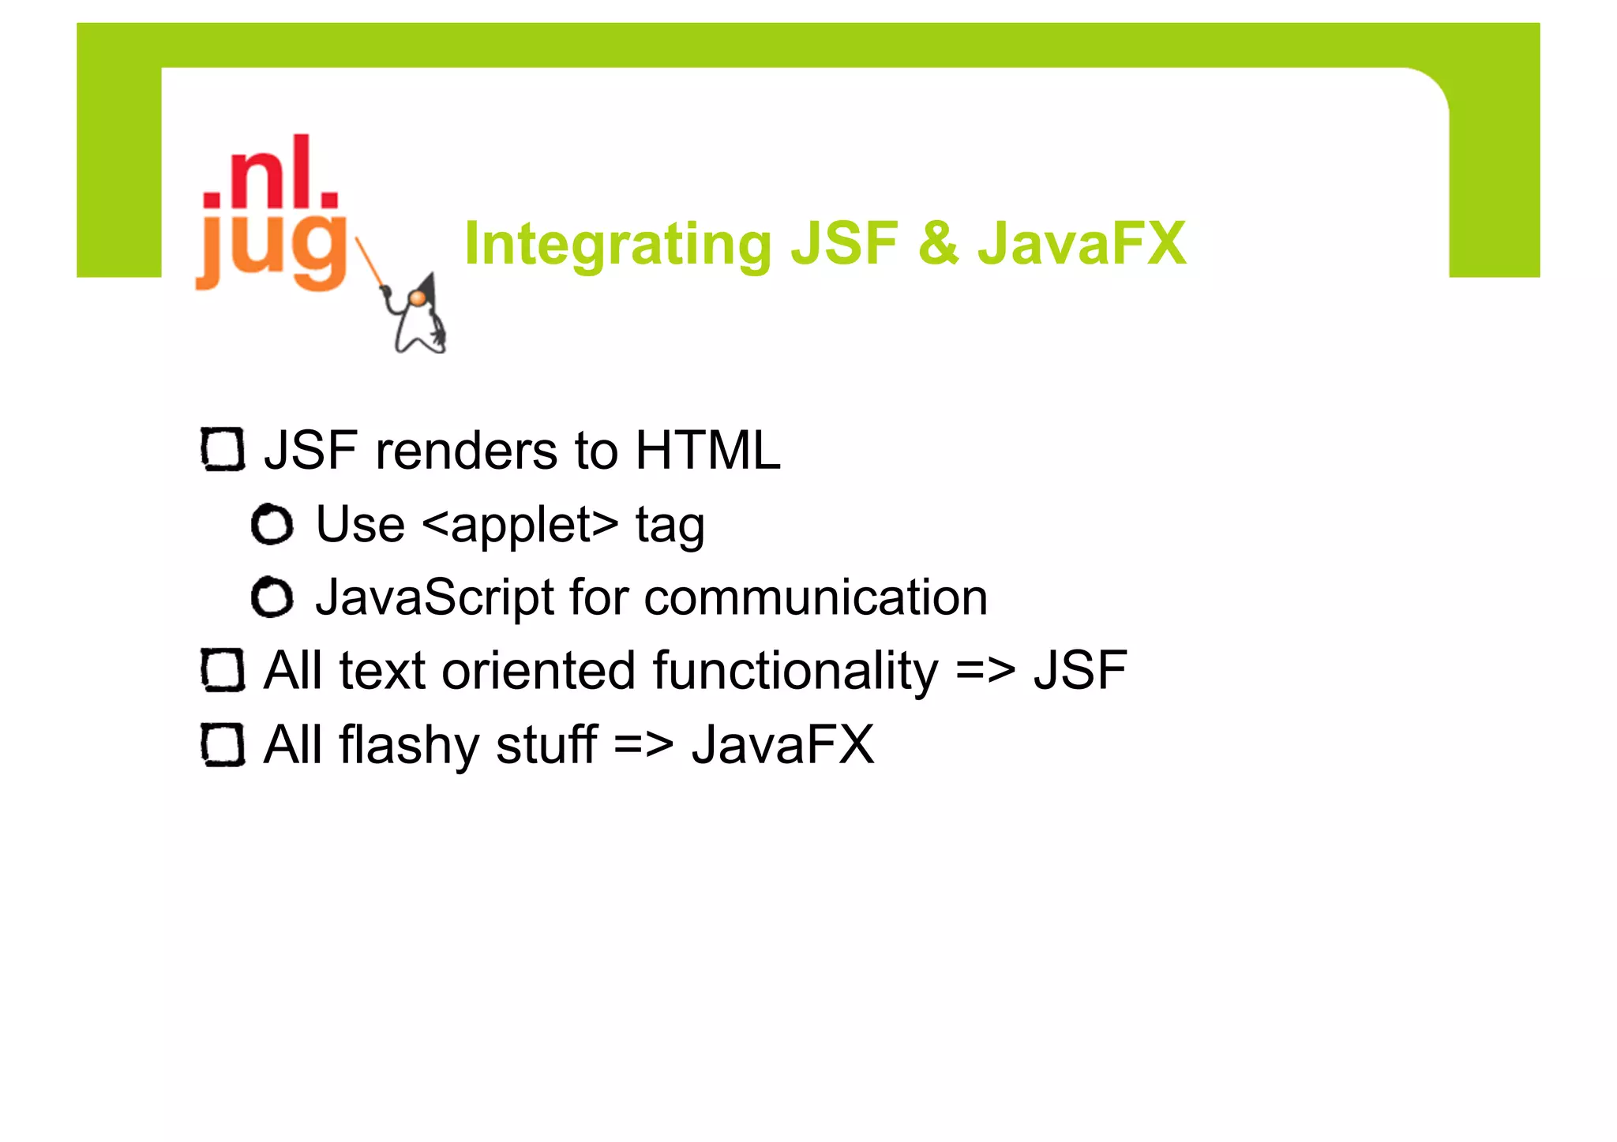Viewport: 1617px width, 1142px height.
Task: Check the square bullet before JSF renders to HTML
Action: (223, 450)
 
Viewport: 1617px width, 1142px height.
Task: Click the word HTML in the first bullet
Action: (707, 451)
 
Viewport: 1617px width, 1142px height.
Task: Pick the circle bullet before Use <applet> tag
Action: (272, 524)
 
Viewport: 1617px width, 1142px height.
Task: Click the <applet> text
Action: (520, 526)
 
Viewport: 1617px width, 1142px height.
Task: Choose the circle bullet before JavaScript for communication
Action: (272, 597)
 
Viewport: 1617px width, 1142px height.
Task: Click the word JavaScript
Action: (435, 598)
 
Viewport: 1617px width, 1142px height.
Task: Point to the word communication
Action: (816, 597)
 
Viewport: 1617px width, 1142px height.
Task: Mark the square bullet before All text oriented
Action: (223, 670)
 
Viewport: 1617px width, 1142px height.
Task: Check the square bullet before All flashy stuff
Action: (223, 744)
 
